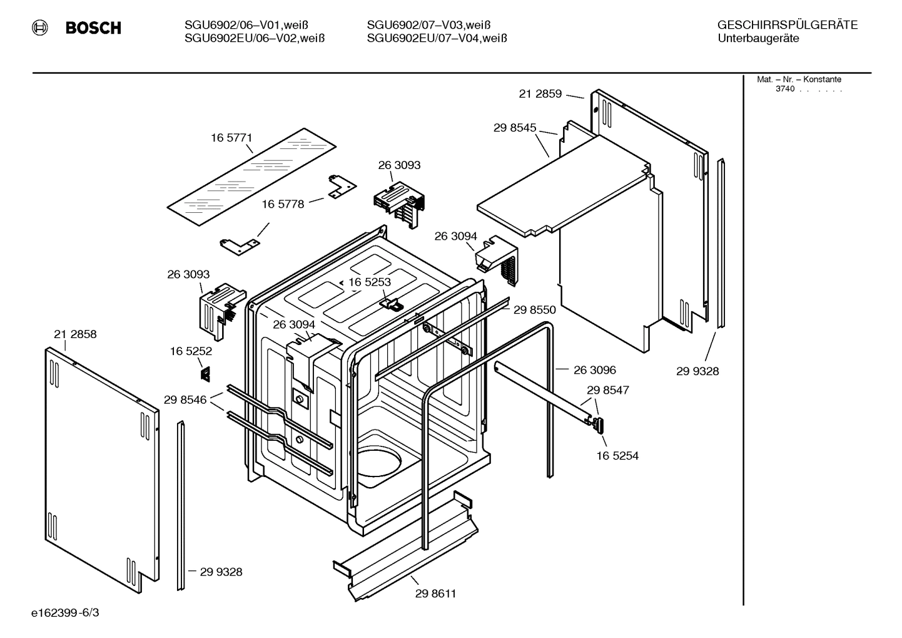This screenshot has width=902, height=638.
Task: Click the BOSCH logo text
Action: [x=93, y=28]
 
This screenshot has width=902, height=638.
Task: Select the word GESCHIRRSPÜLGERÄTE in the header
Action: [x=787, y=25]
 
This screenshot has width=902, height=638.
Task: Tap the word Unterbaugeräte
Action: [x=758, y=38]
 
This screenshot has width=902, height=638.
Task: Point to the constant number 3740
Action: [x=784, y=89]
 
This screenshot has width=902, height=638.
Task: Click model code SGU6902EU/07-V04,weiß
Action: [x=437, y=38]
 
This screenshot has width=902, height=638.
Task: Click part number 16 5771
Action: [x=231, y=138]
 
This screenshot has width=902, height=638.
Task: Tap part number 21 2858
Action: [x=75, y=334]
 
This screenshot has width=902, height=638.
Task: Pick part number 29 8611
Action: [x=435, y=594]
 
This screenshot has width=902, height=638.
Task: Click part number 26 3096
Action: [x=594, y=370]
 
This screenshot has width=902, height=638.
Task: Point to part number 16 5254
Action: [x=617, y=456]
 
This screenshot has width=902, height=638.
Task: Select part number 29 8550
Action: [x=534, y=309]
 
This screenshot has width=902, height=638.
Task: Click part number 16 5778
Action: [x=283, y=204]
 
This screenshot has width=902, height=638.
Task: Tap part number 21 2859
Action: [x=540, y=94]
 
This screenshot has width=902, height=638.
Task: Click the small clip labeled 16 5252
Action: [x=205, y=373]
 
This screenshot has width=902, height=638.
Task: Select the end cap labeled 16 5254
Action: [x=599, y=424]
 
